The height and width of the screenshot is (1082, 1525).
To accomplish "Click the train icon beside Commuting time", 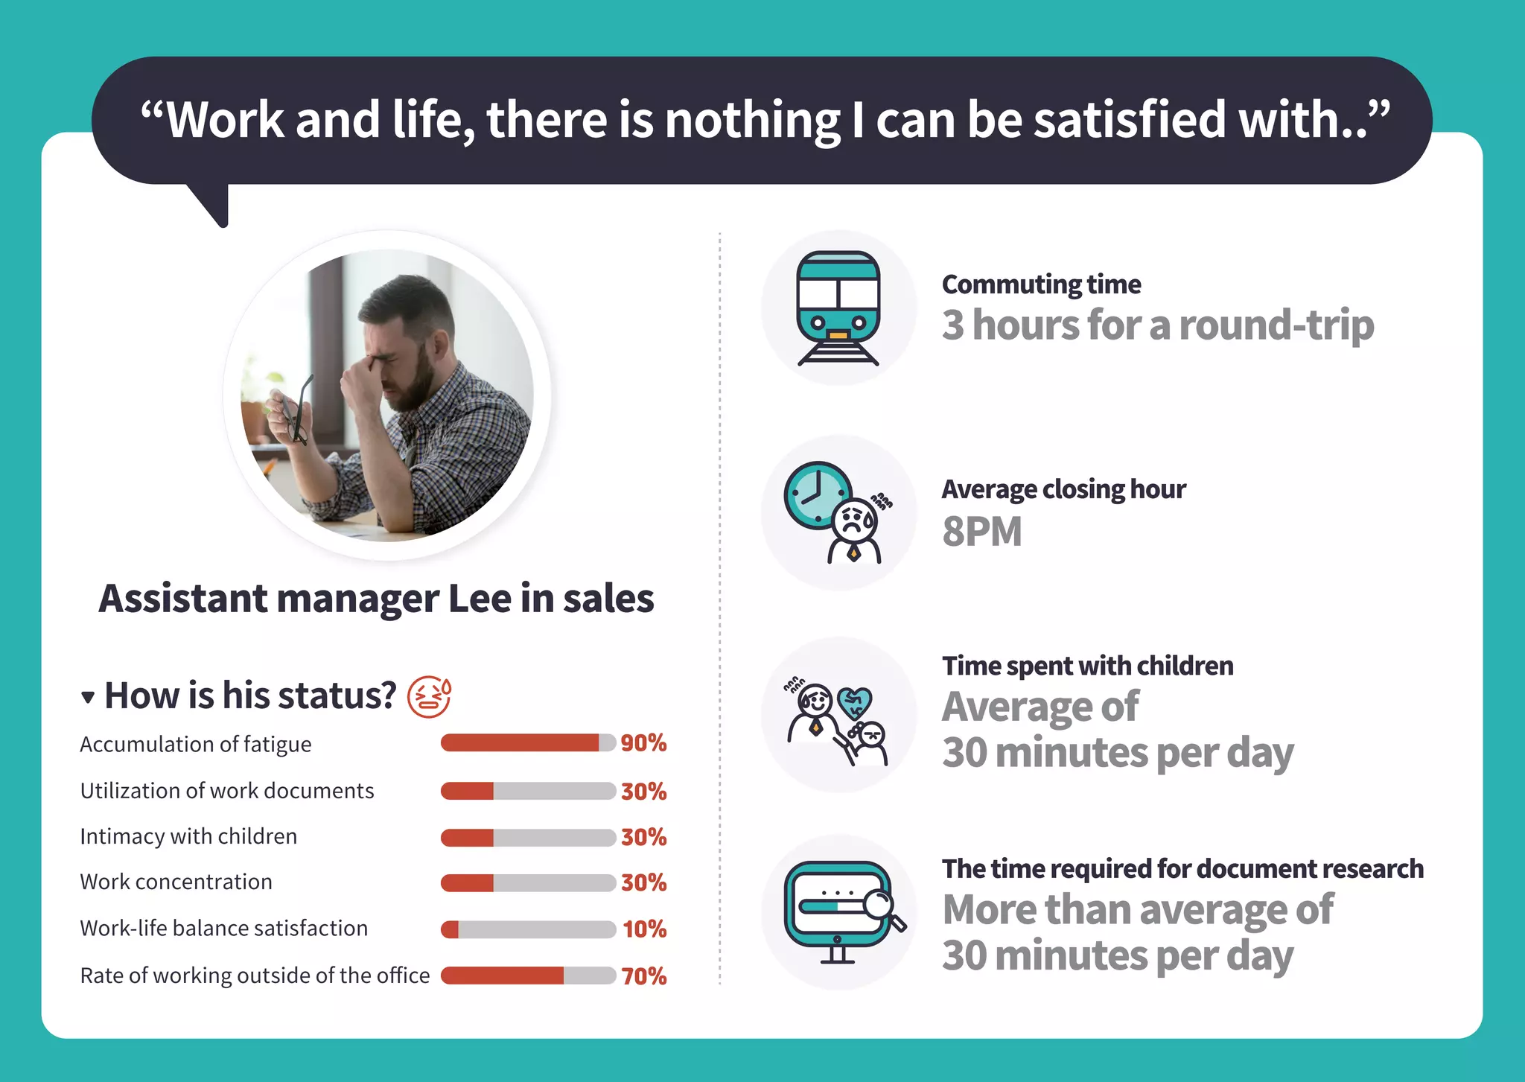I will [838, 307].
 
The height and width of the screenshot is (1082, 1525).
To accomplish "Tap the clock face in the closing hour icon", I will [817, 494].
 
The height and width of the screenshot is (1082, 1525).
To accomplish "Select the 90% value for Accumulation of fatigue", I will [643, 743].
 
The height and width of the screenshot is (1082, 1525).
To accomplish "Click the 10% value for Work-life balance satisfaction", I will [644, 929].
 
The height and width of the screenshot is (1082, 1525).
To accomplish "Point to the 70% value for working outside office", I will [643, 976].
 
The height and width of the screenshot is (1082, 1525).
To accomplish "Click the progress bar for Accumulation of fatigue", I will [528, 743].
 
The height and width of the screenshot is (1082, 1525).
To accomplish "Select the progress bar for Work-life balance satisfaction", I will [528, 929].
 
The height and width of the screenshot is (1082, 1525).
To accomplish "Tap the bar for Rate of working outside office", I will [528, 976].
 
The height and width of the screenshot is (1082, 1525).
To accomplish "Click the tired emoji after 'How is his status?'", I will [430, 697].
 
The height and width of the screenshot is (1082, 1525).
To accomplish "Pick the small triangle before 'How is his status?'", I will [88, 698].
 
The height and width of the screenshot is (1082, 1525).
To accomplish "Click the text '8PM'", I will [981, 532].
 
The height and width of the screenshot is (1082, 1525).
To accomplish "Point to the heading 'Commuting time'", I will [1041, 284].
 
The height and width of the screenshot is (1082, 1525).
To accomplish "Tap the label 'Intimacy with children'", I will [188, 837].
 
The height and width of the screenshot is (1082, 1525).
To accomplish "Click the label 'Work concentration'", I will [176, 882].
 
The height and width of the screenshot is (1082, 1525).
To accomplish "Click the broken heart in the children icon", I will [854, 701].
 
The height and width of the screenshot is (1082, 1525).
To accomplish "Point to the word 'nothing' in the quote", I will [752, 120].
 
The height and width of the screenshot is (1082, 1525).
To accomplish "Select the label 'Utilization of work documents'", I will [227, 791].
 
